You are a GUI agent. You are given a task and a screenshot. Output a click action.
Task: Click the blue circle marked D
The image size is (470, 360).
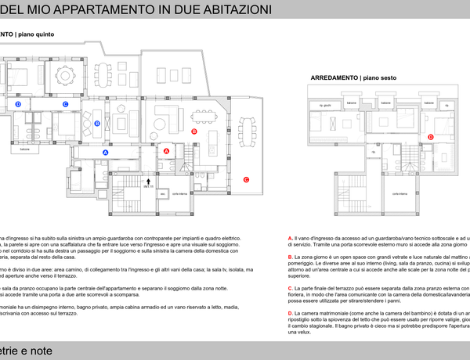pos(18,103)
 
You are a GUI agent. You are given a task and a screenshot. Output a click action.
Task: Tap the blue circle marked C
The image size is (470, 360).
pos(66,103)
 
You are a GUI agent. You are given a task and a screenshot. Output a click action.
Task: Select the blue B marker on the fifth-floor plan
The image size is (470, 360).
pos(97,123)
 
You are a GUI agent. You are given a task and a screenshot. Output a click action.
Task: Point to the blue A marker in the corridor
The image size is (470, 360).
pos(106,152)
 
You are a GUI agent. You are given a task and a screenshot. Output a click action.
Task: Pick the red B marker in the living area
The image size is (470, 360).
pos(194,131)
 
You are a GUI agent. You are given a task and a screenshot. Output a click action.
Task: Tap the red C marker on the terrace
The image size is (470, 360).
pos(246,179)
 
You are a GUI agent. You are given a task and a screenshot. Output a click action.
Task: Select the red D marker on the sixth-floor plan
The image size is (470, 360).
pos(431,137)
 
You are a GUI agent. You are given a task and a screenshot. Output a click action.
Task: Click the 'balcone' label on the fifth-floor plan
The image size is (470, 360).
pos(25,148)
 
